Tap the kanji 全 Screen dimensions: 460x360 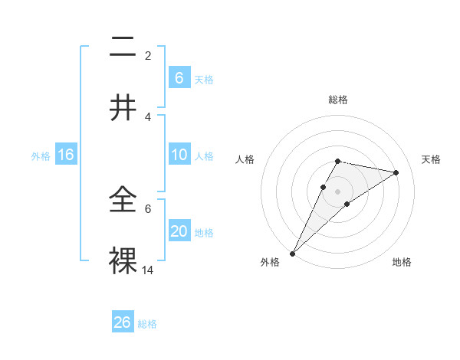point(123,201)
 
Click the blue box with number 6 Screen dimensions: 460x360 point(179,77)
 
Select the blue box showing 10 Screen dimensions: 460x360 point(179,155)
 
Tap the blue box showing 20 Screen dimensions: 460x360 point(179,231)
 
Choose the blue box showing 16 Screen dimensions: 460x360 point(66,155)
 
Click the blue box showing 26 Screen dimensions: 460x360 point(123,322)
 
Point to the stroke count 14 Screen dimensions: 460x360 point(148,270)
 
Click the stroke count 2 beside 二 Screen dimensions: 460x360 point(148,56)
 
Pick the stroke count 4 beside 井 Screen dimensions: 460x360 point(148,116)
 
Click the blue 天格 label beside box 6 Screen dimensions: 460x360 point(204,79)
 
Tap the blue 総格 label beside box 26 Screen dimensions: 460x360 point(147,324)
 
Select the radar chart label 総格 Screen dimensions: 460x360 point(338,100)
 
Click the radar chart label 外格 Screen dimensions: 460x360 point(270,262)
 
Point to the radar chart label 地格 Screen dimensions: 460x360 point(402,262)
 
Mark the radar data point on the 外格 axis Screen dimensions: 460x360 point(293,253)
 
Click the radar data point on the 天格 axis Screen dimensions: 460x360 point(396,172)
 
